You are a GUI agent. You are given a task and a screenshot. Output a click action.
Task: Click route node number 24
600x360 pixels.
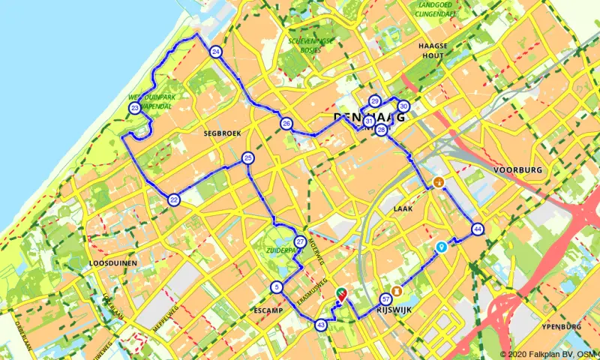[x=216, y=52]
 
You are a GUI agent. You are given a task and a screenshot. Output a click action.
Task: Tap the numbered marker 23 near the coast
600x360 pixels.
[x=134, y=109]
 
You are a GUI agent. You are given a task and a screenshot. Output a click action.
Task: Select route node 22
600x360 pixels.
[x=174, y=199]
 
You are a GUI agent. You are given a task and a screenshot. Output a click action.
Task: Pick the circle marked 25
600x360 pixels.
[x=248, y=158]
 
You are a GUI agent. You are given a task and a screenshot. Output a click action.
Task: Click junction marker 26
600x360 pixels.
[x=286, y=124]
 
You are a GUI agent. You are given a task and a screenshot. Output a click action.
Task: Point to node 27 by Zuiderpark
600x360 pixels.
[x=300, y=241]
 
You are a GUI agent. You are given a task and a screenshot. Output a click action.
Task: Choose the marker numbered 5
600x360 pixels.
[x=277, y=287]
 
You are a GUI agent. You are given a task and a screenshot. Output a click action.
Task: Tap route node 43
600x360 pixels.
[x=321, y=325]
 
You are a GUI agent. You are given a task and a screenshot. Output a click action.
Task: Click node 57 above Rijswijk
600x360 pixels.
[x=386, y=298]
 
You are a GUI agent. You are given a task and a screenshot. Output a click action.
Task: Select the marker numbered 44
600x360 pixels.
[x=477, y=229]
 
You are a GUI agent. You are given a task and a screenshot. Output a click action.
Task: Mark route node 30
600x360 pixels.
[x=403, y=106]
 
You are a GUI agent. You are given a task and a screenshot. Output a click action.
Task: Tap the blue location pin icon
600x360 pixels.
[x=442, y=246]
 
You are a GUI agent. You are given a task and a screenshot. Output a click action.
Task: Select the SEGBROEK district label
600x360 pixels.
[x=220, y=133]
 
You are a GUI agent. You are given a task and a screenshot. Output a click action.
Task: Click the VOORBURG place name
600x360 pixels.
[x=517, y=170]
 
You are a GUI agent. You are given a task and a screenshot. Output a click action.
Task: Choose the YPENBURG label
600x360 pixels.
[x=561, y=327]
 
